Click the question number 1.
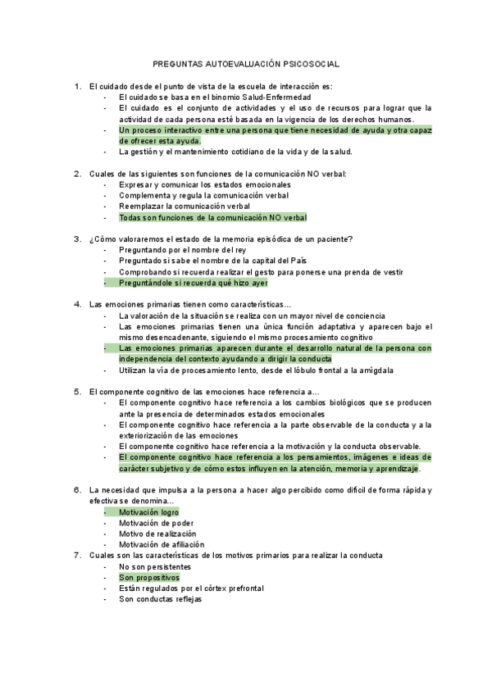77,86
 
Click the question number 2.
77,174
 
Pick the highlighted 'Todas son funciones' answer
212,218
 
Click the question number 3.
77,239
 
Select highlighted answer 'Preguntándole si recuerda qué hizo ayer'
194,283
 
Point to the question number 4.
77,304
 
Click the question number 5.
77,392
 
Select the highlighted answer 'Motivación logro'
148,512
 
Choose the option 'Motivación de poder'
157,523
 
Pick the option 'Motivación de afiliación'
162,544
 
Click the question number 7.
77,555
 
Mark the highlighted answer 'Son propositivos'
148,577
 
